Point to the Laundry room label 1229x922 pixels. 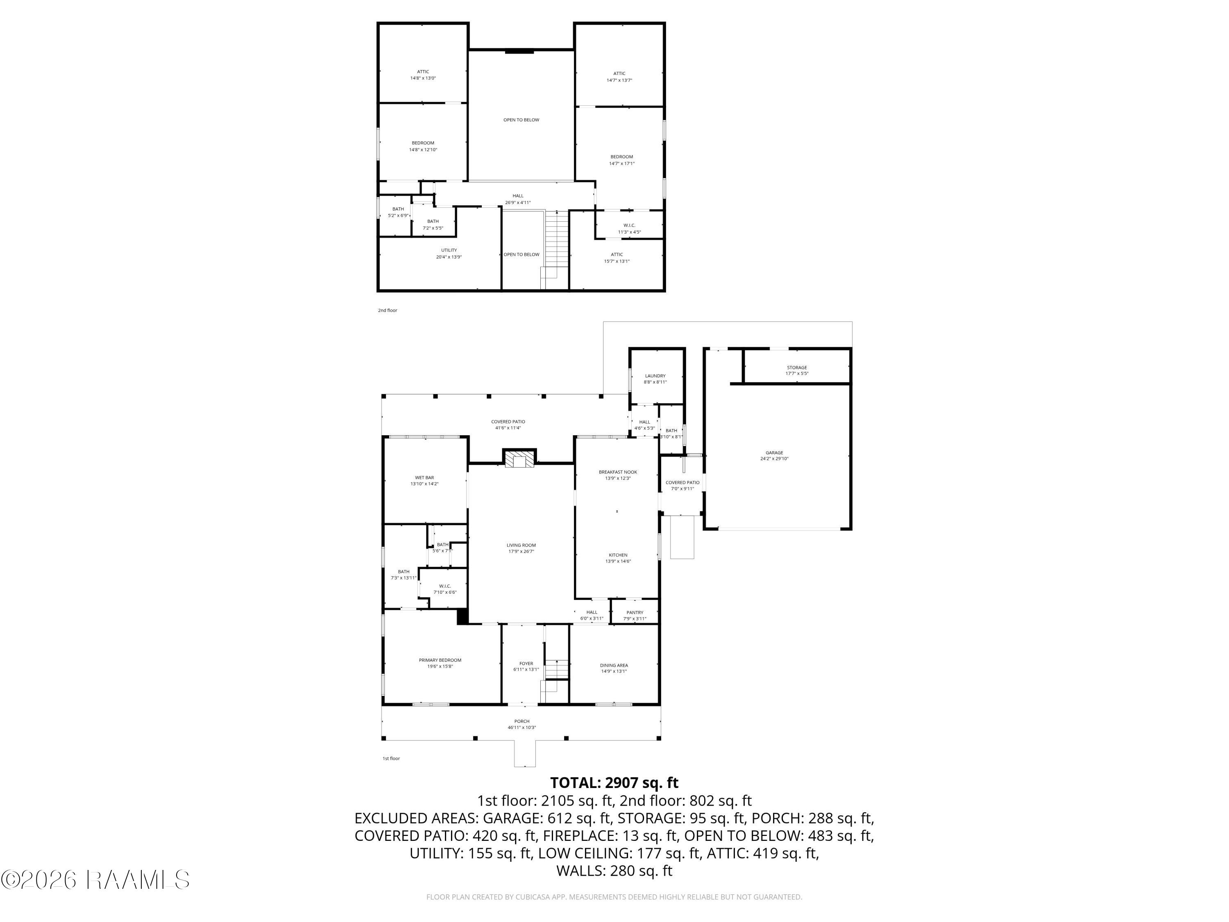(x=655, y=376)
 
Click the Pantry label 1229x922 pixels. (x=635, y=613)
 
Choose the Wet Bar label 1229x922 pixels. (x=424, y=477)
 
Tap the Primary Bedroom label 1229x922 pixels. (x=440, y=660)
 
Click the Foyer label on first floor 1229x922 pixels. (x=526, y=663)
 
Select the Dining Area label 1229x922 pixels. (x=614, y=665)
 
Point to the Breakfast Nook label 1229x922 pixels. (x=618, y=472)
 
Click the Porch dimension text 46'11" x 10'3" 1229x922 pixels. (x=522, y=727)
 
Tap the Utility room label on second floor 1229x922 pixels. (x=449, y=250)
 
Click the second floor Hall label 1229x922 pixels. (x=518, y=195)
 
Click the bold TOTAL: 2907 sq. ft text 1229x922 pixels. (x=614, y=783)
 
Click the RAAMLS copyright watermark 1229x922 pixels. (x=95, y=880)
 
